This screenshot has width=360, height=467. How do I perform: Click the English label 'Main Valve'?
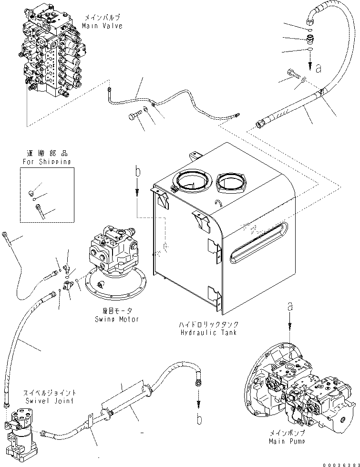pos(102,26)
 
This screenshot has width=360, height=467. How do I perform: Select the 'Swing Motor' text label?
pos(116,319)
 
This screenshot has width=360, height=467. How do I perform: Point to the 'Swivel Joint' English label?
pos(49,401)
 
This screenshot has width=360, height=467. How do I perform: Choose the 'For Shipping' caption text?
pos(47,162)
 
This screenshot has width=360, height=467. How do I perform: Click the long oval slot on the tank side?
pos(259,243)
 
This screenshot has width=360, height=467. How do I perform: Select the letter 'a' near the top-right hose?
pos(319,69)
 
